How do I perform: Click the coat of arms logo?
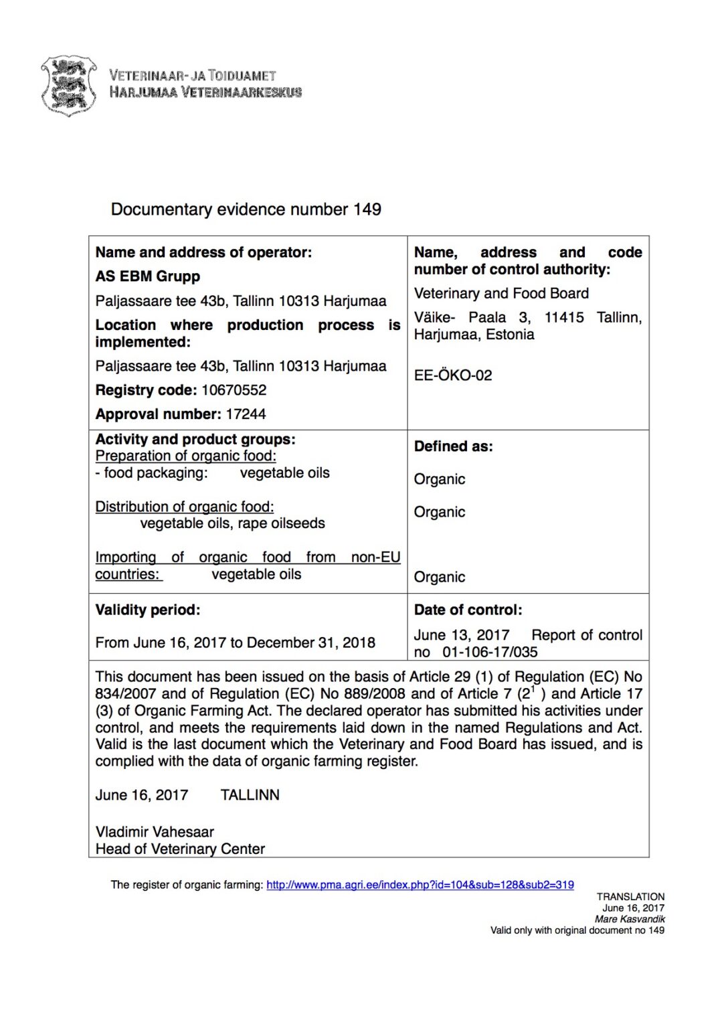tap(68, 86)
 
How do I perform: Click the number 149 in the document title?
tap(367, 209)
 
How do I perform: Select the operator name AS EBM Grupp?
tap(147, 276)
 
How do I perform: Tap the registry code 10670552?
tap(234, 390)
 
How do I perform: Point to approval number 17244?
tap(246, 414)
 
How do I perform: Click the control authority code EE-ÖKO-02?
tap(452, 375)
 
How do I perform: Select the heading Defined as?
tap(453, 446)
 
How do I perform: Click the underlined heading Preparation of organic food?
tap(185, 456)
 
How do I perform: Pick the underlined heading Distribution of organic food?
tap(184, 507)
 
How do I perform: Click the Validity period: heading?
tap(147, 610)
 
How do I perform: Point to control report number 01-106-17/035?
tap(490, 652)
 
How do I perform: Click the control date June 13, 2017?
tap(461, 635)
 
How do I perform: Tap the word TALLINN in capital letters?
tap(250, 795)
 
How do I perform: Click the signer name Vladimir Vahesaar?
tap(155, 832)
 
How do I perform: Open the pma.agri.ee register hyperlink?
tap(420, 885)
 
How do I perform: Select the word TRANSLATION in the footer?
tap(630, 897)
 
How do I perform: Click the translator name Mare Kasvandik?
tap(630, 920)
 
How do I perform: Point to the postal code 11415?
tap(563, 317)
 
